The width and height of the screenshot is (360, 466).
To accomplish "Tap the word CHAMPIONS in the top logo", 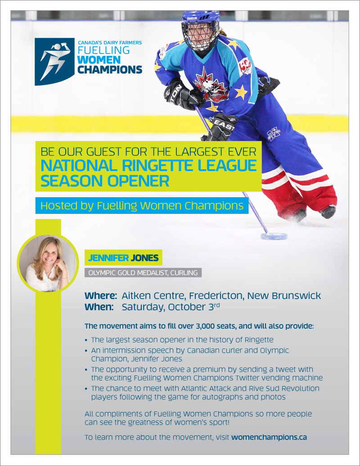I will (x=110, y=69).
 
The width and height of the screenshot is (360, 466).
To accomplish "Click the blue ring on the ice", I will (x=274, y=236).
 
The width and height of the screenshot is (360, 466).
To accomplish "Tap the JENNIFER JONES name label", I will (x=123, y=258).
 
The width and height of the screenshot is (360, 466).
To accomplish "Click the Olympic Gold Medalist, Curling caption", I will (x=143, y=272).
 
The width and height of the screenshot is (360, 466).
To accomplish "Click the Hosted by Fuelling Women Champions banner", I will (x=142, y=206).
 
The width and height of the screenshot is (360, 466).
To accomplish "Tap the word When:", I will (x=99, y=307).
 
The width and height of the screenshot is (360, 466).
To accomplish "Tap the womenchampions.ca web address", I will (x=269, y=437).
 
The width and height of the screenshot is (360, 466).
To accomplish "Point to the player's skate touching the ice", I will (x=328, y=212).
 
